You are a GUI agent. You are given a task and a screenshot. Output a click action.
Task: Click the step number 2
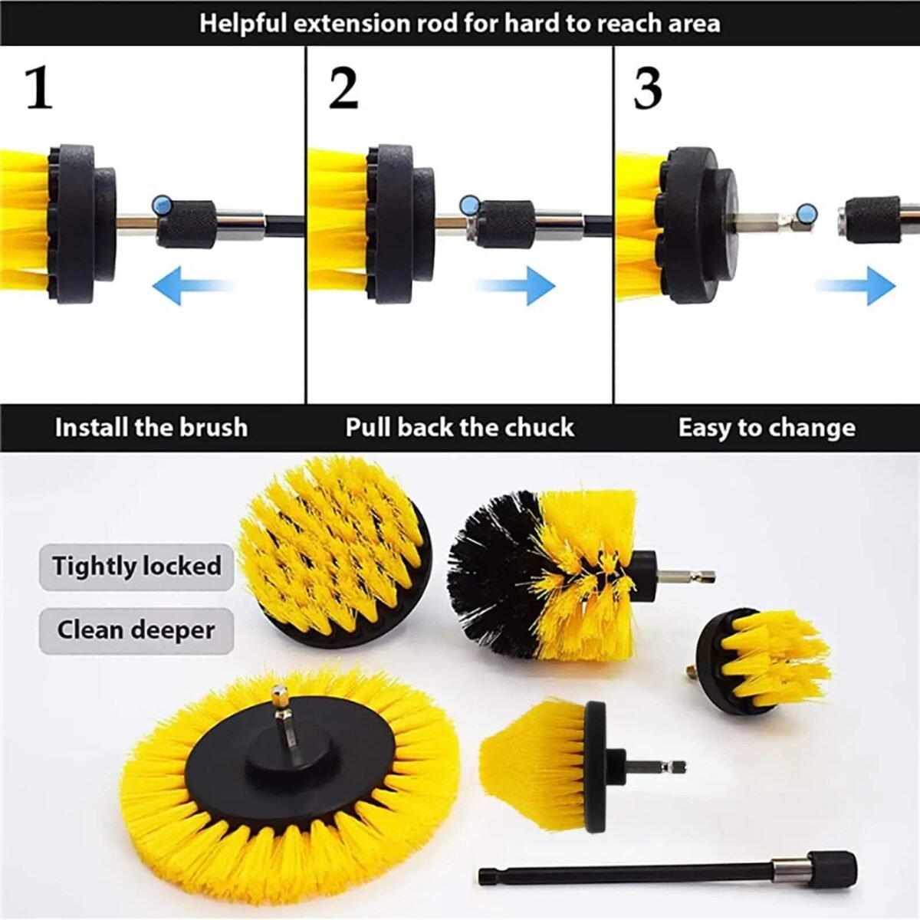[343, 89]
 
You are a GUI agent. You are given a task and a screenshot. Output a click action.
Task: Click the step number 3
[648, 89]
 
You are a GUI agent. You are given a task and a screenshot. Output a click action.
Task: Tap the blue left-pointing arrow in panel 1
[192, 285]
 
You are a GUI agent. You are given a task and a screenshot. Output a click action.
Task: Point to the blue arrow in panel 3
[855, 285]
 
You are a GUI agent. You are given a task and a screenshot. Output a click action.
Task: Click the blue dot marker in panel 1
[163, 204]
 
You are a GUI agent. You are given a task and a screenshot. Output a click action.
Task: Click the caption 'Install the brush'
[151, 427]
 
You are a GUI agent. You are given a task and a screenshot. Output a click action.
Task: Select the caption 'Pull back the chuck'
[459, 427]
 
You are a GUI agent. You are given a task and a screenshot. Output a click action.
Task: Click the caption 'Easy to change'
[767, 427]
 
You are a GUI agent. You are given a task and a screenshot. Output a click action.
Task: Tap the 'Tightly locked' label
[136, 567]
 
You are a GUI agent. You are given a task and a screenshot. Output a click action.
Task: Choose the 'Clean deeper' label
[136, 630]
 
